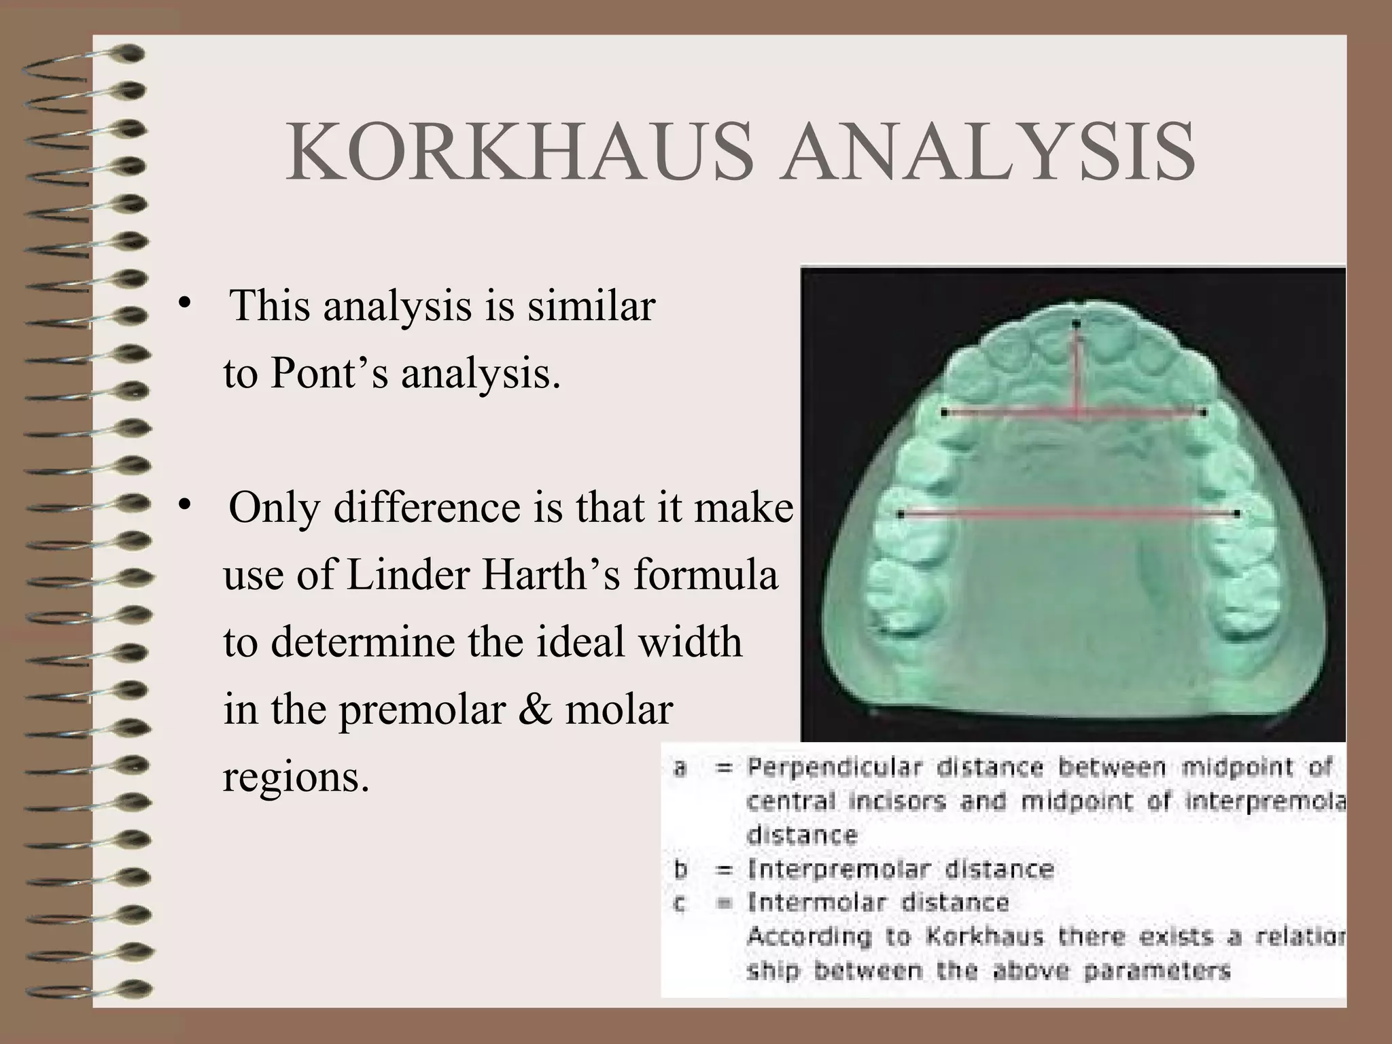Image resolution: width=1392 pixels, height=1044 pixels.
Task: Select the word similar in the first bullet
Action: [591, 305]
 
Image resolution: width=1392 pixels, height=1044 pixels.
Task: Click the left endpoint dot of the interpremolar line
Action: [944, 412]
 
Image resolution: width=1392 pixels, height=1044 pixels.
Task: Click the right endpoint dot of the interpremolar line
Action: [1203, 412]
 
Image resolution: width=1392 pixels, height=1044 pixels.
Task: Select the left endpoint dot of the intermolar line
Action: [901, 515]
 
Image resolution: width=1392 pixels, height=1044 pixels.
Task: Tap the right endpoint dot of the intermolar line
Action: [1237, 514]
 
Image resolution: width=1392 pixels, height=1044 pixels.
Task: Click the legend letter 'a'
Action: [679, 768]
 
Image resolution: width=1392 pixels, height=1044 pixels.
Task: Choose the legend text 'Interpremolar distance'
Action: [901, 869]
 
